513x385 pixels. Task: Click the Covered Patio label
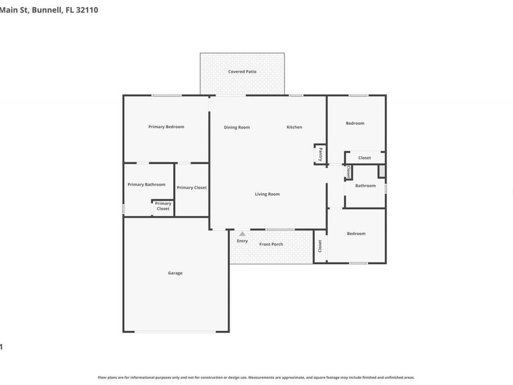[x=242, y=72]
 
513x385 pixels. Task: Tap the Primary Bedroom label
[x=166, y=127]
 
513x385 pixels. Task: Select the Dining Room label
[x=237, y=127]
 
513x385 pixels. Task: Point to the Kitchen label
[x=294, y=127]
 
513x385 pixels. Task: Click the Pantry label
[x=320, y=154]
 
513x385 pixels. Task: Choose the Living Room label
[x=267, y=194]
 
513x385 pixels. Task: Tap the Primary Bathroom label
[x=146, y=184]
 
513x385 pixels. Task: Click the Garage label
[x=175, y=273]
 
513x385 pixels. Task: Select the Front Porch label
[x=271, y=244]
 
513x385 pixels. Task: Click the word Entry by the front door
[x=242, y=241]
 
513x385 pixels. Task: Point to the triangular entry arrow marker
[x=242, y=233]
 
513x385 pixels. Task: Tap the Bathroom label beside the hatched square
[x=365, y=185]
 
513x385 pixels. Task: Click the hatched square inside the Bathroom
[x=382, y=171]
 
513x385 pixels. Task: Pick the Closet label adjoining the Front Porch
[x=320, y=246]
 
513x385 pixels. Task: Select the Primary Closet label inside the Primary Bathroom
[x=163, y=206]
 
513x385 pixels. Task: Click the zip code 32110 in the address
[x=87, y=9]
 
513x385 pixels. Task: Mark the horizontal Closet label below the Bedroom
[x=364, y=158]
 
